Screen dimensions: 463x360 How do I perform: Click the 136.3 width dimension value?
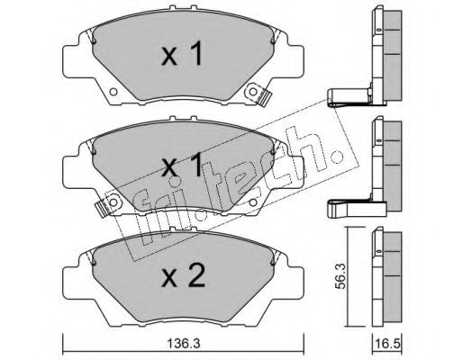(183, 344)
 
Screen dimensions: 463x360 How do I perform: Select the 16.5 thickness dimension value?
(386, 344)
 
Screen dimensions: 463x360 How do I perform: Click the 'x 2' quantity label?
(183, 276)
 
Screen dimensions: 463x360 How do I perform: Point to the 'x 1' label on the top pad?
(182, 54)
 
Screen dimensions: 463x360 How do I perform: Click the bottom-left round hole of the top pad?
(113, 92)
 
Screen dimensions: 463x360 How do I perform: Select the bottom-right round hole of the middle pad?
(253, 202)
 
